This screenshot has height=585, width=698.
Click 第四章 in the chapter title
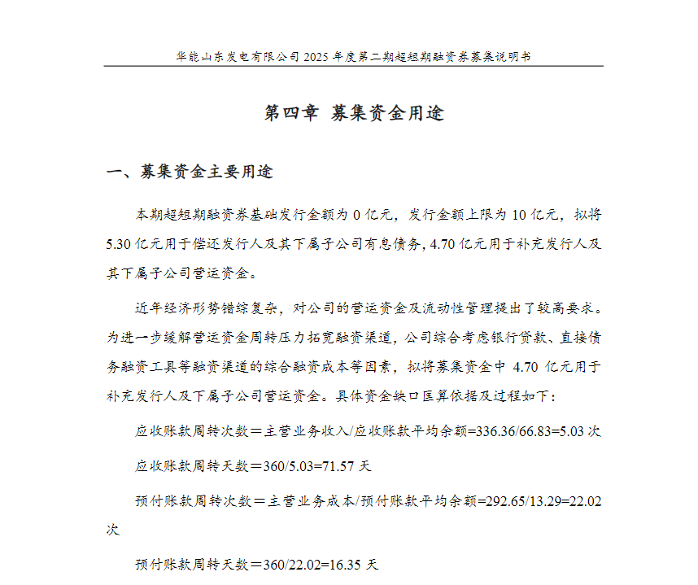click(292, 113)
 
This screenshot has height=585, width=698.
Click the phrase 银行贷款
click(513, 336)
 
